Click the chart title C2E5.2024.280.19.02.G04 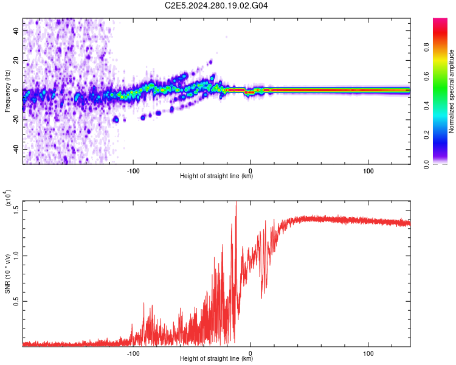(x=216, y=6)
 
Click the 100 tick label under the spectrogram (x=368, y=170)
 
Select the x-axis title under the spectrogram (x=216, y=176)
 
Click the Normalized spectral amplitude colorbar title (x=452, y=91)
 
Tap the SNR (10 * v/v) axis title (x=8, y=274)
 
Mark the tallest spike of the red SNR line (x=236, y=203)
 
